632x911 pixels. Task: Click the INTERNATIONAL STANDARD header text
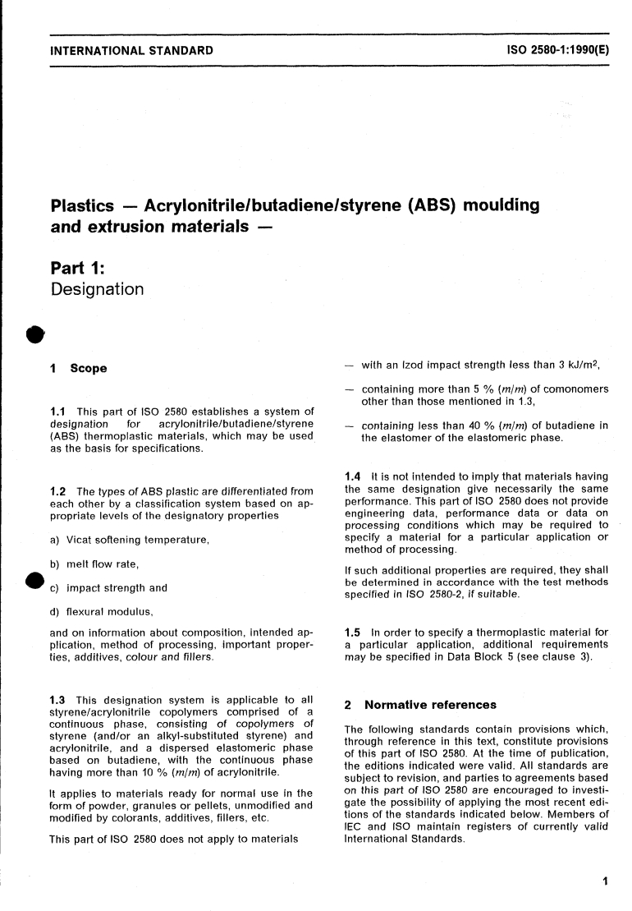(x=131, y=51)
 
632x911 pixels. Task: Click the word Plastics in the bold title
(x=86, y=205)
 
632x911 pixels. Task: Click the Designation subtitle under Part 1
(x=97, y=289)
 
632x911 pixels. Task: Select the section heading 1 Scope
(x=79, y=369)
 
